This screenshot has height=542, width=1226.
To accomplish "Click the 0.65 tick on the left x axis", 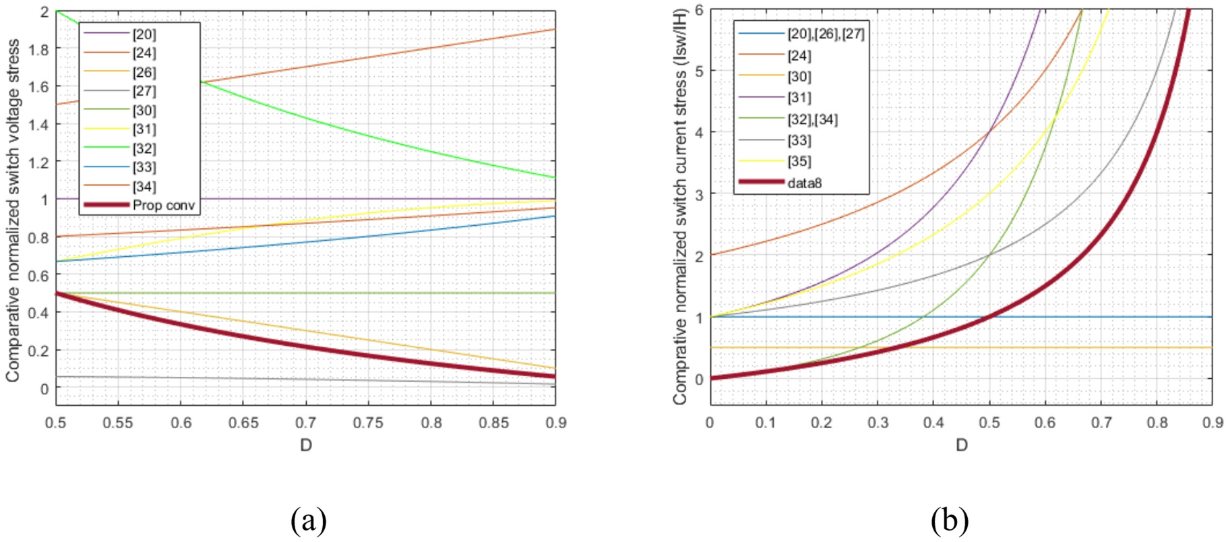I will point(243,423).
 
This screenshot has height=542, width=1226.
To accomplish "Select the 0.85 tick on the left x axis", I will point(493,423).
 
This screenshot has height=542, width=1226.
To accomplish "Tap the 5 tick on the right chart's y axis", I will point(699,71).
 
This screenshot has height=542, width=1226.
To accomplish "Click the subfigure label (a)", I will point(309,520).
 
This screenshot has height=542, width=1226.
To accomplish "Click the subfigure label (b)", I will point(950,520).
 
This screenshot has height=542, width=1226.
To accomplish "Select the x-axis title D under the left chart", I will point(306,445).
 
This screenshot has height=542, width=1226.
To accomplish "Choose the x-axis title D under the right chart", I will point(961,445).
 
